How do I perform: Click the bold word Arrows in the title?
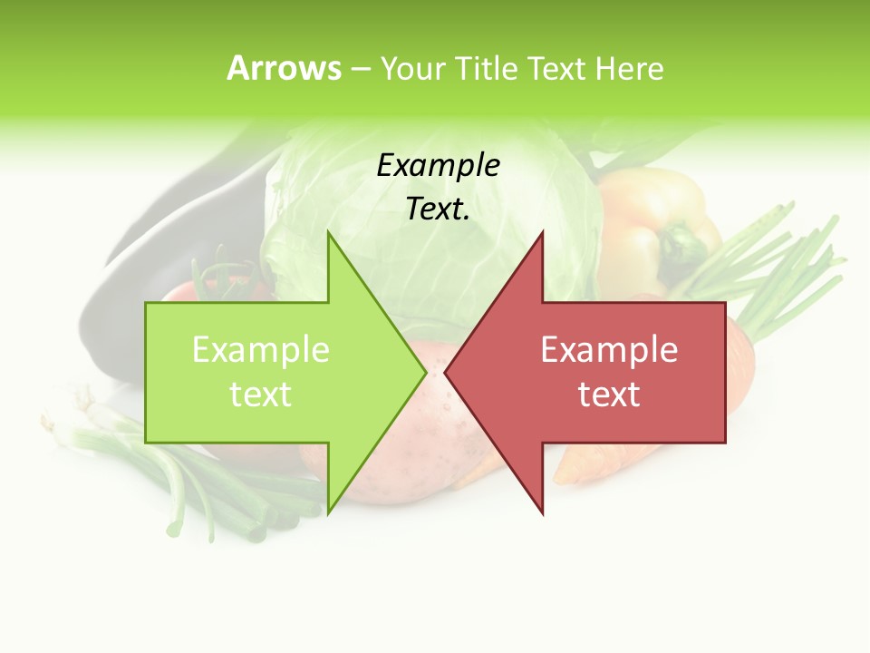click(284, 68)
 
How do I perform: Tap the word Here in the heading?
click(630, 69)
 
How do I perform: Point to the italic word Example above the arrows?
click(438, 166)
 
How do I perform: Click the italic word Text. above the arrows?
click(438, 210)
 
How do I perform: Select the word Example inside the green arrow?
click(261, 350)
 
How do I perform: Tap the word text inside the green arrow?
click(261, 395)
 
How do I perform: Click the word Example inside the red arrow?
click(609, 350)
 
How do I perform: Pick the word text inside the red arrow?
click(609, 395)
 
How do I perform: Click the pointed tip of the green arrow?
click(424, 372)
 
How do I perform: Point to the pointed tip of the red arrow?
click(447, 372)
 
